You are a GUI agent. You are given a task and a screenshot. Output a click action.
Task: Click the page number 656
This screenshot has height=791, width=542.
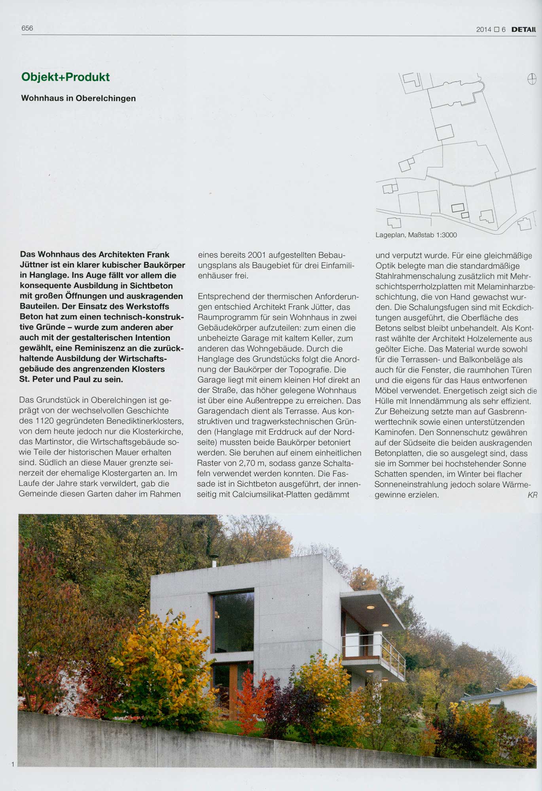pyautogui.click(x=27, y=28)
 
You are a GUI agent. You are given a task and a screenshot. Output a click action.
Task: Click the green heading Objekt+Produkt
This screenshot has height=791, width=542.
pyautogui.click(x=65, y=77)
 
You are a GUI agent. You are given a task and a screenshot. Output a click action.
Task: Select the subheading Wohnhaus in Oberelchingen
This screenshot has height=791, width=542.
pyautogui.click(x=78, y=98)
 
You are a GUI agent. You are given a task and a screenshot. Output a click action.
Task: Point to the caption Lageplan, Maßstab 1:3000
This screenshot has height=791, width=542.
pyautogui.click(x=416, y=235)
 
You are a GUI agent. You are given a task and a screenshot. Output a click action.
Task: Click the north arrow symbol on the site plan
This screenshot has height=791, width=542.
pyautogui.click(x=532, y=79)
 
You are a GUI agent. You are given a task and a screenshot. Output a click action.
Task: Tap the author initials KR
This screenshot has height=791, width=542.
pyautogui.click(x=532, y=495)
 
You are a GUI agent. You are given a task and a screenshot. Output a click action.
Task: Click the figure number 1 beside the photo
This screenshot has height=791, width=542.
pyautogui.click(x=13, y=764)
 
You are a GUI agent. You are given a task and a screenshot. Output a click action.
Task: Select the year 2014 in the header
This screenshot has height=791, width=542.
pyautogui.click(x=483, y=29)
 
